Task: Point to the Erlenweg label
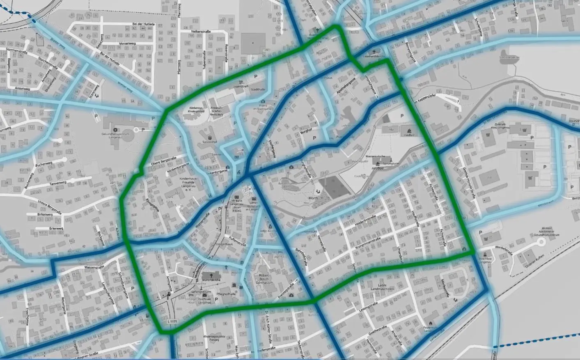tap(44, 228)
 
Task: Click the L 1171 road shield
tap(173, 321)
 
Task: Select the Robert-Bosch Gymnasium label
tap(264, 279)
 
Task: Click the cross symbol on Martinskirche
tap(212, 276)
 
